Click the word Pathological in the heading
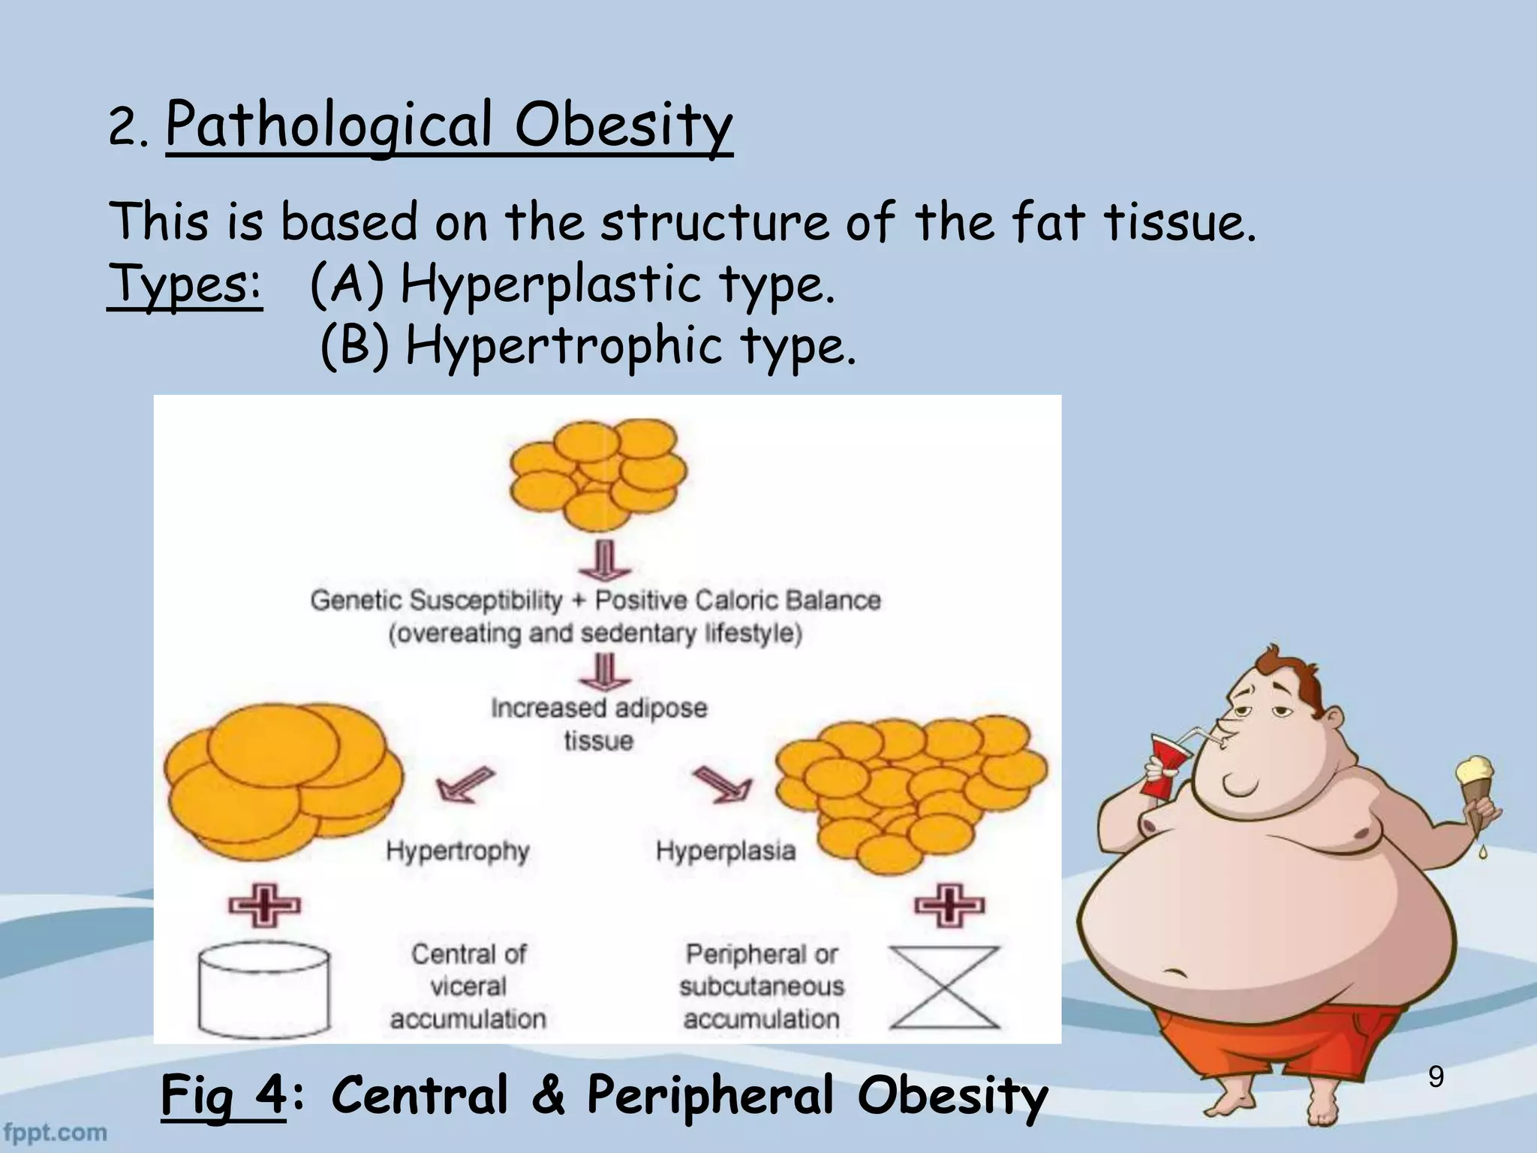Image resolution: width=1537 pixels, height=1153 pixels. [329, 125]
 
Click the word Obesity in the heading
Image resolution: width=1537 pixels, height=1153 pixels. [623, 125]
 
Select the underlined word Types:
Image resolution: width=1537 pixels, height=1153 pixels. [185, 285]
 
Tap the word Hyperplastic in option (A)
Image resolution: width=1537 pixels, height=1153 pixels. [550, 285]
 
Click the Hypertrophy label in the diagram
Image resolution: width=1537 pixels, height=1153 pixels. [458, 851]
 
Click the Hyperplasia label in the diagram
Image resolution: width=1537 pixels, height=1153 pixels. [725, 851]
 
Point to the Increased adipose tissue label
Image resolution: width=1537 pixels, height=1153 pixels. [599, 724]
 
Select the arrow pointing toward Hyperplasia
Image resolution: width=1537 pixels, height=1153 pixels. [722, 784]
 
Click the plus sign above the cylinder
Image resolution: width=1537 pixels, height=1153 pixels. [264, 905]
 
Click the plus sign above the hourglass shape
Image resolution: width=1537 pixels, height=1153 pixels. [949, 905]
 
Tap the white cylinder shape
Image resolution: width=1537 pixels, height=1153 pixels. [263, 989]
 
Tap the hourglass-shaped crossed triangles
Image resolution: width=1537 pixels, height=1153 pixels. [944, 987]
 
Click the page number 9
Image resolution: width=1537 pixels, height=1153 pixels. [1436, 1077]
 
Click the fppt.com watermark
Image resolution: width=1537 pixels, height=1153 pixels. [54, 1132]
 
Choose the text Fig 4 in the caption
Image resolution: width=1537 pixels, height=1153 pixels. [223, 1095]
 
